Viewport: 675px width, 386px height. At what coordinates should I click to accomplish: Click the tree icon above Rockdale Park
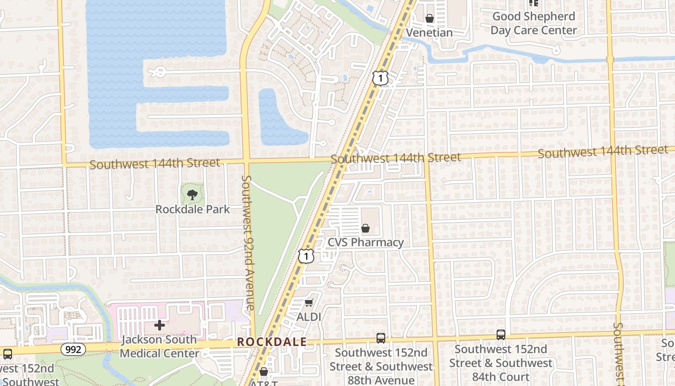click(192, 195)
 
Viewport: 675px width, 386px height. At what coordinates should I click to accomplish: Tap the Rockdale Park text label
click(192, 209)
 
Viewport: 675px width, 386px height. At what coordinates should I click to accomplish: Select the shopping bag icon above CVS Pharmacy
click(365, 228)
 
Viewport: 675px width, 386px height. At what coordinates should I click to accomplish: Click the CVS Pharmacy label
click(365, 242)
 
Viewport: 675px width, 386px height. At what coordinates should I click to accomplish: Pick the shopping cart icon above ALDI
click(309, 303)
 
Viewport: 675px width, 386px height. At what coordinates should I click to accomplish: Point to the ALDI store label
click(309, 317)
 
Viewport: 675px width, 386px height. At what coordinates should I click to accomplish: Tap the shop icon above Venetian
click(429, 18)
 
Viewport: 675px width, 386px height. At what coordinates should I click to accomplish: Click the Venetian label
click(429, 33)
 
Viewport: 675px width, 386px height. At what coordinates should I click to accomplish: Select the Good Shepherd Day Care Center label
click(533, 23)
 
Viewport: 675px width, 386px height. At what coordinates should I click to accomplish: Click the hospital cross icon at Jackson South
click(159, 325)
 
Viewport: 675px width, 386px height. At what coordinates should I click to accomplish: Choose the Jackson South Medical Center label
click(159, 346)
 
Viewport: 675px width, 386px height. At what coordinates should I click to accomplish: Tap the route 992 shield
click(73, 349)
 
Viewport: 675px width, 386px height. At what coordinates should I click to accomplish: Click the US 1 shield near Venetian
click(380, 78)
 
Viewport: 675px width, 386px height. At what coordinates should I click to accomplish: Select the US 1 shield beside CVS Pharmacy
click(306, 256)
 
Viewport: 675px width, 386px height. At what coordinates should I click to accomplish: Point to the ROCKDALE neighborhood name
click(272, 342)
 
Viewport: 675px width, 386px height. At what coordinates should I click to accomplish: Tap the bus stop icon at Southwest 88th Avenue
click(381, 338)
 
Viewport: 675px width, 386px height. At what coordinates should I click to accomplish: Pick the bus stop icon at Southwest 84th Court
click(501, 334)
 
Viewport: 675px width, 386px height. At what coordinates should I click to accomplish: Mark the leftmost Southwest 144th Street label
click(154, 164)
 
